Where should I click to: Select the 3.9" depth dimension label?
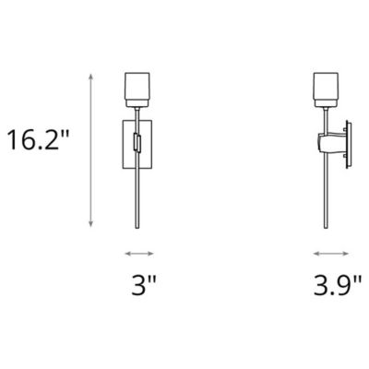click(x=338, y=285)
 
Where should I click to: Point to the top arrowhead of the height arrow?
click(x=90, y=77)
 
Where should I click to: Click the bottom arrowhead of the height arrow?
click(x=90, y=224)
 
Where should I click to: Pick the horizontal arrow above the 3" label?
click(x=139, y=254)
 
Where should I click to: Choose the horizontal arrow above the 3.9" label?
click(x=331, y=254)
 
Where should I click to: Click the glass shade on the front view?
click(x=137, y=89)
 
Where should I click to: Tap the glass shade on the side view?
click(x=326, y=89)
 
